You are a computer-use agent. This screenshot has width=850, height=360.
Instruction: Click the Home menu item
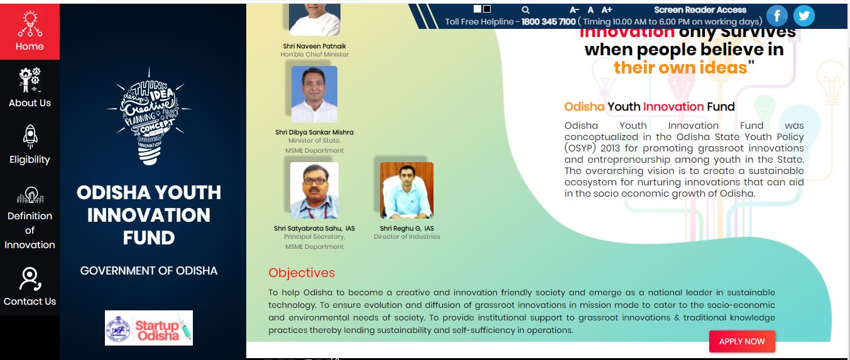tap(30, 31)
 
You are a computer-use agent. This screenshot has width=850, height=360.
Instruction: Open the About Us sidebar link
tap(30, 88)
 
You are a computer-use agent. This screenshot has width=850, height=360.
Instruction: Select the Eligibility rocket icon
tap(30, 136)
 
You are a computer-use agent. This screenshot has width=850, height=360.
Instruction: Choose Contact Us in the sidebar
tap(30, 287)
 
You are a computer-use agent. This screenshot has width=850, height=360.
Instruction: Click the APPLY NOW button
tap(742, 341)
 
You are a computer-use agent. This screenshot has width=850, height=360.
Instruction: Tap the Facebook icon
tap(777, 16)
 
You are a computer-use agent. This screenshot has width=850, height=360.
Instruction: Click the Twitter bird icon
tap(804, 16)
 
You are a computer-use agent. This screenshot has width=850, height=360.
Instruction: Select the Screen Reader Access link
tap(700, 9)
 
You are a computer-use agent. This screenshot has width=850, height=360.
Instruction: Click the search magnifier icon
tap(526, 10)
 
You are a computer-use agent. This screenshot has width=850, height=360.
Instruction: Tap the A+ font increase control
tap(607, 10)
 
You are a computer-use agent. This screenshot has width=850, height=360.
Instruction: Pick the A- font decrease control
tap(574, 10)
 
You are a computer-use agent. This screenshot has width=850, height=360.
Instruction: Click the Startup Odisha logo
tap(149, 327)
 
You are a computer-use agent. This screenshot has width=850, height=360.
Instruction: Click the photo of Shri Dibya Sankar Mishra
tap(314, 94)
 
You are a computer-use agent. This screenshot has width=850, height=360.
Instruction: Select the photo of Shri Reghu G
tap(406, 190)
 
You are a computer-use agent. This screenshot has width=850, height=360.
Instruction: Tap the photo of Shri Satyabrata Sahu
tap(314, 190)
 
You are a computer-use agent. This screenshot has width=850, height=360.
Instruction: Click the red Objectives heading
tap(302, 273)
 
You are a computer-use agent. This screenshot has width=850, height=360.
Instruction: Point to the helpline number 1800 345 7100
tap(548, 21)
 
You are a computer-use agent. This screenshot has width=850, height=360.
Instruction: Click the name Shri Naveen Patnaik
tap(314, 46)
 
